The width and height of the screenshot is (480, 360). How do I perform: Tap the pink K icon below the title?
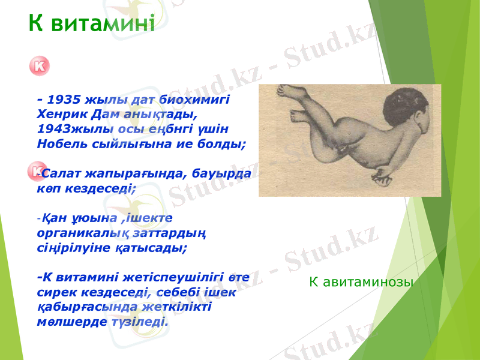38,67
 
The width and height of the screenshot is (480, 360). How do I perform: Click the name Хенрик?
58,113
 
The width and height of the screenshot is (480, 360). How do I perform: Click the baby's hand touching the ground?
380,176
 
